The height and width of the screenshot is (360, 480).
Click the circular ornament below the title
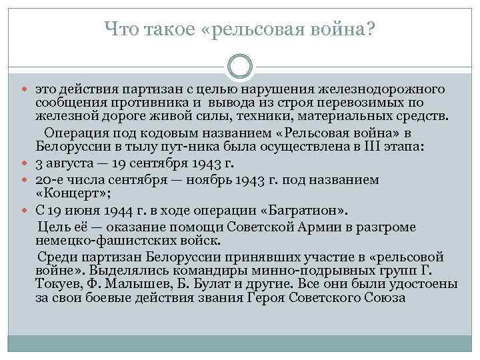pyautogui.click(x=240, y=67)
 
